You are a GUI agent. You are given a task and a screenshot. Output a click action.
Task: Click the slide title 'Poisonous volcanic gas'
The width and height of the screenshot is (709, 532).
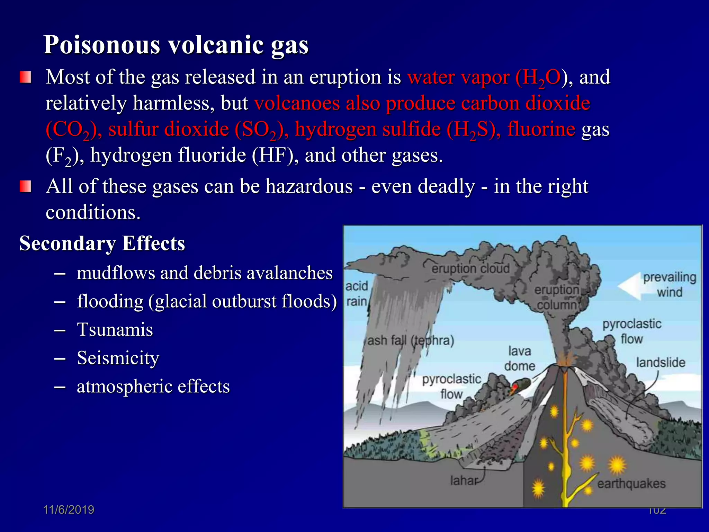176,45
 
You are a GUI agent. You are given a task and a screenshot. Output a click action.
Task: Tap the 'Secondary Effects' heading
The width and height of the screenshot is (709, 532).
102,243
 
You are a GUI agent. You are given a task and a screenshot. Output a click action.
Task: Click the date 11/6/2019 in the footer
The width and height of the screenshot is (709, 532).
69,509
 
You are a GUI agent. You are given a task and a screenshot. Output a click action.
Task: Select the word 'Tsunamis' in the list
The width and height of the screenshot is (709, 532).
115,329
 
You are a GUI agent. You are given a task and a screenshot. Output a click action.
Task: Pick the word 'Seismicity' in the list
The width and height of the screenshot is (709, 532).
118,358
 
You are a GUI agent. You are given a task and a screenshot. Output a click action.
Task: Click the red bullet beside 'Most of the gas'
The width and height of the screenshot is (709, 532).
25,77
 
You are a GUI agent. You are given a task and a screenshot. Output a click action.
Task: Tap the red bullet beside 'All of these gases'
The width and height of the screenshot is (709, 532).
25,186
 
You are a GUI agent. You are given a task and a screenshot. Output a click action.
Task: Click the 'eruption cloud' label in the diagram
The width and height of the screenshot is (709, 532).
470,268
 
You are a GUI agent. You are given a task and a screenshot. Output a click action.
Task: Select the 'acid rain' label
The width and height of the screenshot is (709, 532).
357,294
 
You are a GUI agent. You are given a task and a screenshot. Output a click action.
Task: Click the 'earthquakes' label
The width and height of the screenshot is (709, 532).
631,484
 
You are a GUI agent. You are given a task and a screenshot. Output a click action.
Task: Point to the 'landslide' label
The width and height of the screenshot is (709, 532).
661,362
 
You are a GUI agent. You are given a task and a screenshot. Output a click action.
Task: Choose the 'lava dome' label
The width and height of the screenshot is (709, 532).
519,358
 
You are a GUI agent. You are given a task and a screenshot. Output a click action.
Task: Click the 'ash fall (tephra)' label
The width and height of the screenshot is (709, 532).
411,340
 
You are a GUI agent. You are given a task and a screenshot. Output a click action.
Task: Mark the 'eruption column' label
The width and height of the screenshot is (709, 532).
557,297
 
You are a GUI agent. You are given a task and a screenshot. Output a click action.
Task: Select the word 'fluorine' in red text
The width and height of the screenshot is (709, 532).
541,129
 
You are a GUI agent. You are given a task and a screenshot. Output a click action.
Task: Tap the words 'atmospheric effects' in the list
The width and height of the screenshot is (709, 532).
153,386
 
